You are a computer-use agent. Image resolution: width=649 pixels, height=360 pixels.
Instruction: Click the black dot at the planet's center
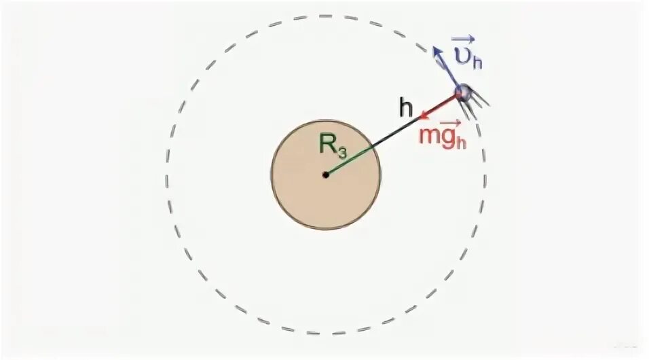(326, 175)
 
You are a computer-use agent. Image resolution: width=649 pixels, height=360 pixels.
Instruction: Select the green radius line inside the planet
(349, 162)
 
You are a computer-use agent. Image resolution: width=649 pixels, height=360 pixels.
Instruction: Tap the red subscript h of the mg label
(462, 141)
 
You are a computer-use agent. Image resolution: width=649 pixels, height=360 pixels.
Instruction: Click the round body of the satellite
(464, 93)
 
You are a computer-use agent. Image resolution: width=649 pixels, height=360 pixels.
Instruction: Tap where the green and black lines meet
(373, 148)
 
